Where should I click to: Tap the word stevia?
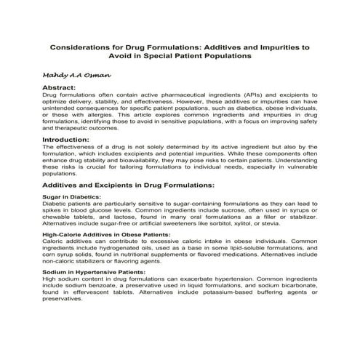tap(284, 223)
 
